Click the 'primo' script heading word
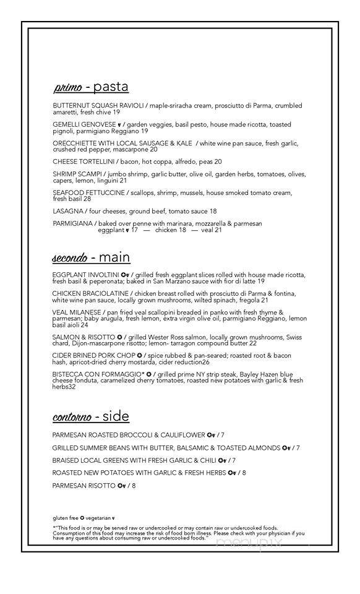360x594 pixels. click(x=69, y=87)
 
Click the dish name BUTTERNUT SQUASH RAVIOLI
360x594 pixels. click(x=98, y=105)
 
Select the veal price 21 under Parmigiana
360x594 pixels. click(x=218, y=230)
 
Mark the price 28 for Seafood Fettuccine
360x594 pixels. click(x=87, y=199)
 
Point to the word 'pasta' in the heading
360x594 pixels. click(x=111, y=87)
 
